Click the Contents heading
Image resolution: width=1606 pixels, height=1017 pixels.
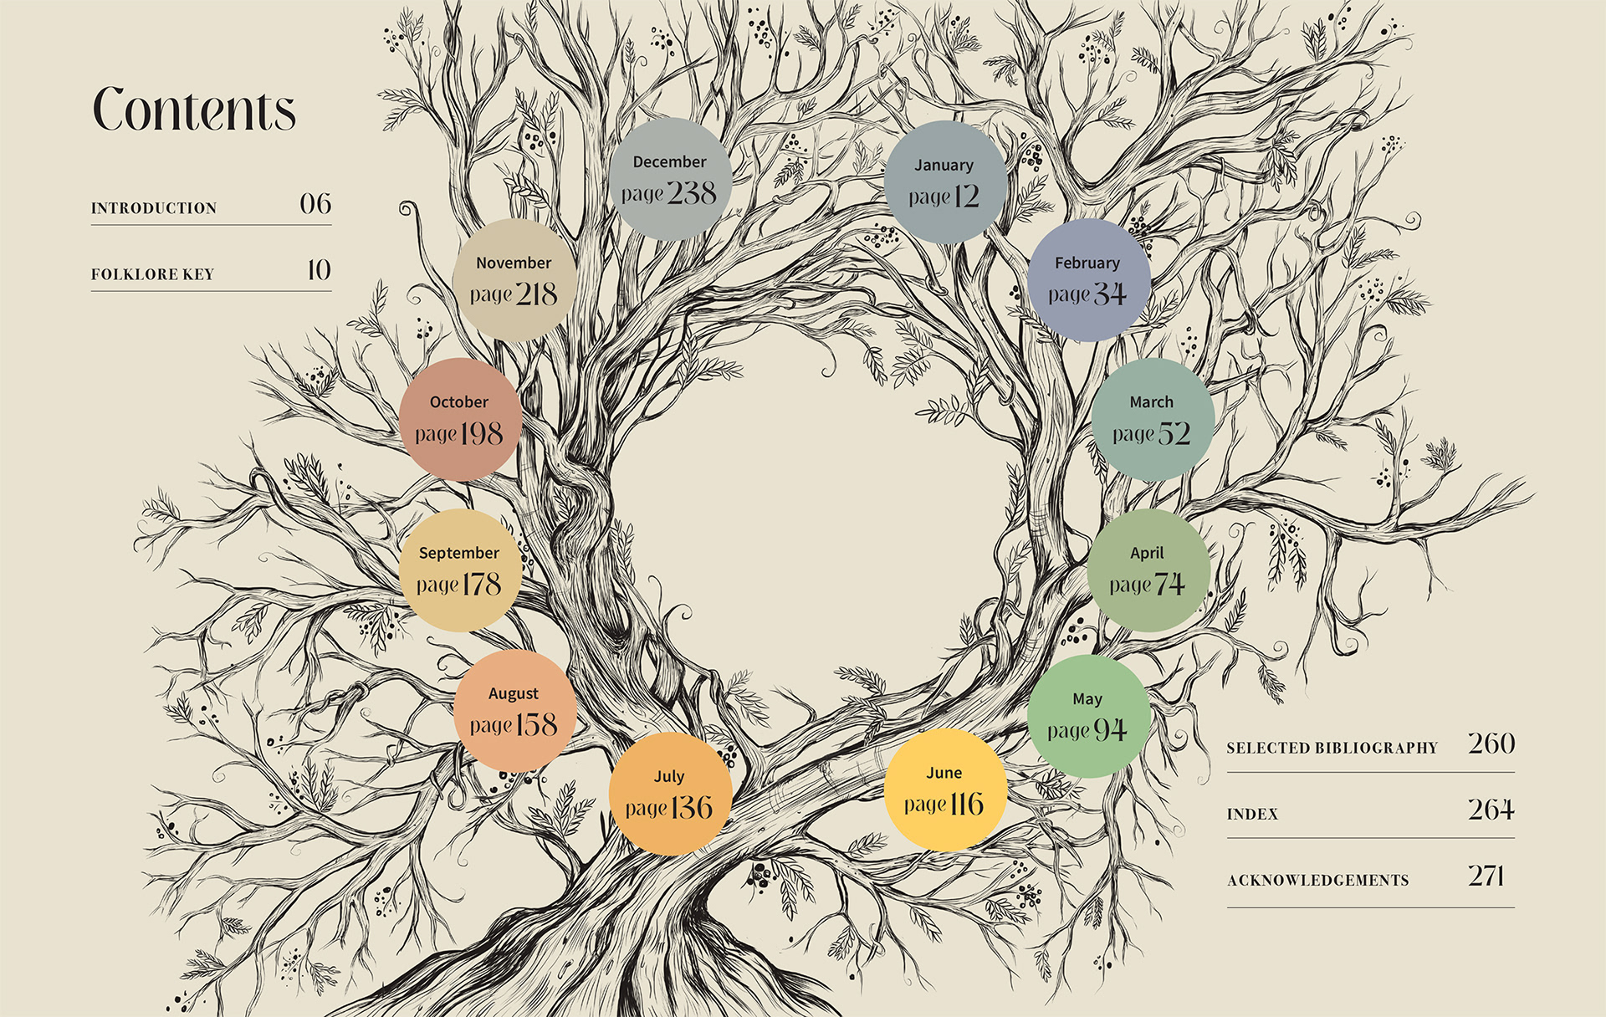pos(194,110)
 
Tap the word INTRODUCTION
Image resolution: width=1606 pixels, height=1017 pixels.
pos(154,208)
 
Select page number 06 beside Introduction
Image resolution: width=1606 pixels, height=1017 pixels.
pos(315,203)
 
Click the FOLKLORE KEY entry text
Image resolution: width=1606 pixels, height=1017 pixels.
pos(152,274)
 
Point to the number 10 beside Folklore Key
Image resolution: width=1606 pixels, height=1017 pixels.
pos(319,269)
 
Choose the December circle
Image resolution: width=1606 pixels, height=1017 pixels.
pos(670,179)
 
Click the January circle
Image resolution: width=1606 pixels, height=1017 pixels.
pos(944,181)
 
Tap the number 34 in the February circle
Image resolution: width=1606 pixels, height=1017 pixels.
pos(1110,294)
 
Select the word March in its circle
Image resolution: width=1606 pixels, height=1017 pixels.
pos(1151,402)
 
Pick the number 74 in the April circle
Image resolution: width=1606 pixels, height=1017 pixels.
pos(1170,584)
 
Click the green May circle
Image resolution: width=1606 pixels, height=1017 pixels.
pos(1087,716)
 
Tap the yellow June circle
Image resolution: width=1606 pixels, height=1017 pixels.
pos(944,790)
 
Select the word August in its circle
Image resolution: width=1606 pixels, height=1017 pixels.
pos(514,693)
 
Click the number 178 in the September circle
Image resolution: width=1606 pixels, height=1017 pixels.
pos(481,584)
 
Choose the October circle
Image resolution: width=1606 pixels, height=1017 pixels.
pos(459,420)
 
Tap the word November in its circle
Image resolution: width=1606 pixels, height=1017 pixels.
pos(514,263)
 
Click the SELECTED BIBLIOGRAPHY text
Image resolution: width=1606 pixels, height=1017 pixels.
pos(1332,748)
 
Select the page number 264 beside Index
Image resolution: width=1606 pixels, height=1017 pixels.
pos(1491,810)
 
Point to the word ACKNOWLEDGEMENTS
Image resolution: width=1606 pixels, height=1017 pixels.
pos(1317,880)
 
